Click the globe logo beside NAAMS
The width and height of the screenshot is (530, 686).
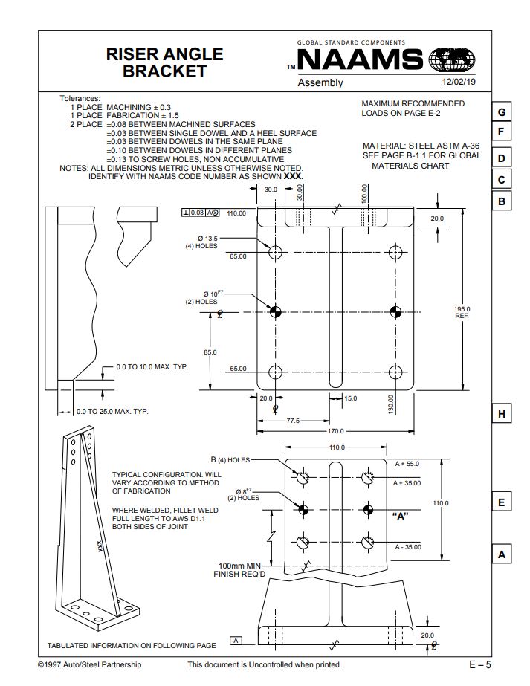452,59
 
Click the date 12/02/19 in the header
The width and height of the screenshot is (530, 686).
459,82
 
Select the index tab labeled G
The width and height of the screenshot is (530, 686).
502,112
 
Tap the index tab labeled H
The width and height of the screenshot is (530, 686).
502,414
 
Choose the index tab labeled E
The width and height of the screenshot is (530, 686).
502,502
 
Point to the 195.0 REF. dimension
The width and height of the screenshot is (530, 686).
462,312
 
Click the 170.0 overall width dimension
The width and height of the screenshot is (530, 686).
336,431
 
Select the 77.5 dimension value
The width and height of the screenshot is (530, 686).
293,421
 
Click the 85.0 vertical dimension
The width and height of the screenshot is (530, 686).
210,352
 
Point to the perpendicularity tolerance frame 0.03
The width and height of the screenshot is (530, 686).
200,213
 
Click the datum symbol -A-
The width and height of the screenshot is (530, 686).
236,641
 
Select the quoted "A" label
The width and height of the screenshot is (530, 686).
401,516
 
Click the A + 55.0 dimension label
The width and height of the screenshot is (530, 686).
407,464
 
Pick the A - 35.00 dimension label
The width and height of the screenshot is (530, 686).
408,547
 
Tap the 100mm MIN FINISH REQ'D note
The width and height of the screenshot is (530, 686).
239,569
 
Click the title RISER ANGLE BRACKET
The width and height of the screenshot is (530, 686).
164,62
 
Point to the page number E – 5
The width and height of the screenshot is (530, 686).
480,664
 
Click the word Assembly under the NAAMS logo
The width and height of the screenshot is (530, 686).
320,82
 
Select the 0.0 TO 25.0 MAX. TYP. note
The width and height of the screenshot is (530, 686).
112,411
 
